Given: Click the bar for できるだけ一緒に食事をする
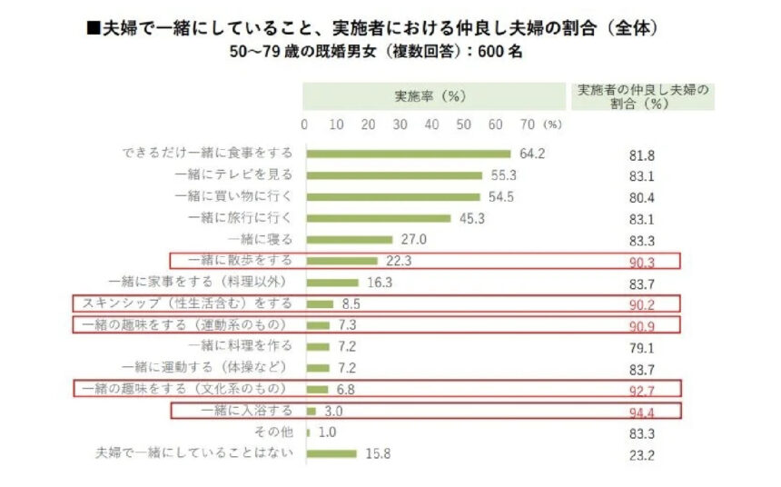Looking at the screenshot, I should pyautogui.click(x=409, y=154).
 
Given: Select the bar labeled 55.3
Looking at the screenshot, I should pyautogui.click(x=394, y=174).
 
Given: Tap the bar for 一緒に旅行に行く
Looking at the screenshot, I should pyautogui.click(x=379, y=218).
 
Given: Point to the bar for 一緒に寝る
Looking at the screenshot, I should pyautogui.click(x=350, y=240).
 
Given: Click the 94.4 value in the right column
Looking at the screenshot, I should pyautogui.click(x=642, y=412).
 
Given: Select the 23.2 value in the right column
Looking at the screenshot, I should pyautogui.click(x=642, y=454).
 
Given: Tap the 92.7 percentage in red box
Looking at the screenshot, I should pyautogui.click(x=642, y=390).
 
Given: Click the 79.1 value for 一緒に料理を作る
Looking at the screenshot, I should pyautogui.click(x=642, y=347).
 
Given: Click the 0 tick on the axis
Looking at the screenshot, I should pyautogui.click(x=304, y=124).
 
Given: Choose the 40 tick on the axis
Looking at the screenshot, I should pyautogui.click(x=432, y=124).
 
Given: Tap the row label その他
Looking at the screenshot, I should pyautogui.click(x=275, y=432).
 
